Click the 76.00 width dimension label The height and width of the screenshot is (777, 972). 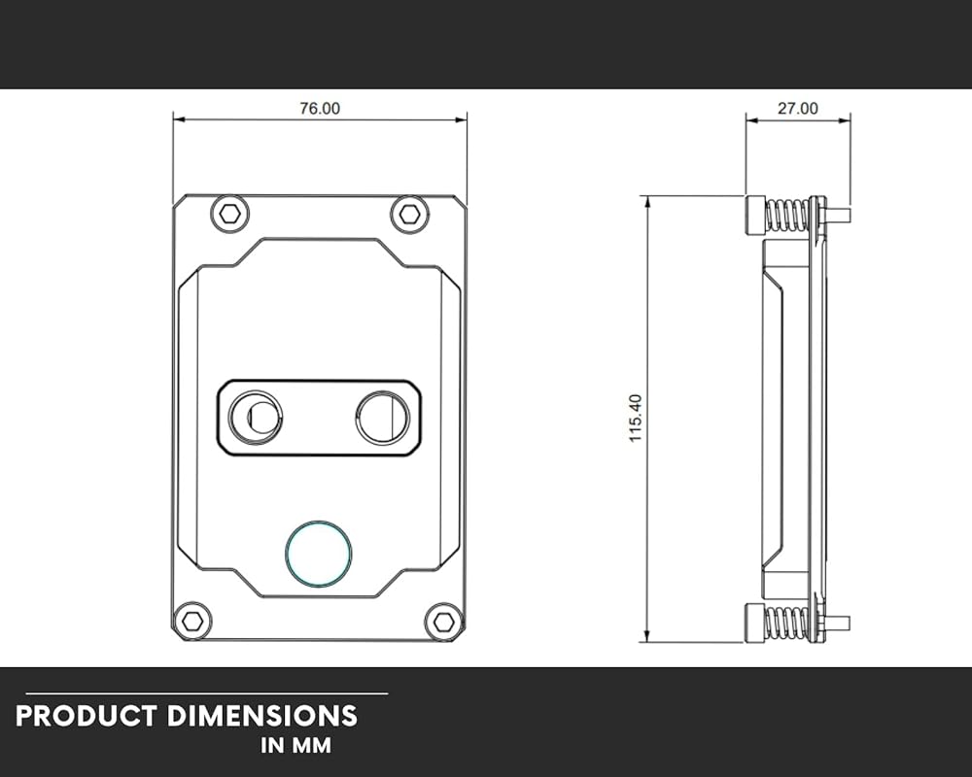click(x=320, y=109)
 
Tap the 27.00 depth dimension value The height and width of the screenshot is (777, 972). click(x=798, y=109)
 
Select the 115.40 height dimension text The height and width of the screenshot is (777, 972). click(x=636, y=419)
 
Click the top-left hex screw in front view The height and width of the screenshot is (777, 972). click(x=230, y=215)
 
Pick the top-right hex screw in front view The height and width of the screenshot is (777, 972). click(x=409, y=215)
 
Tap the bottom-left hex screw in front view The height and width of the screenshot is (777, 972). click(x=192, y=621)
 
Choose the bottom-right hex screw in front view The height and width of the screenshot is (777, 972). click(x=444, y=622)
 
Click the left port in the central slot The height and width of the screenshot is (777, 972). click(x=256, y=417)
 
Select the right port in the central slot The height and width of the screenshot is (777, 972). click(x=382, y=418)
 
